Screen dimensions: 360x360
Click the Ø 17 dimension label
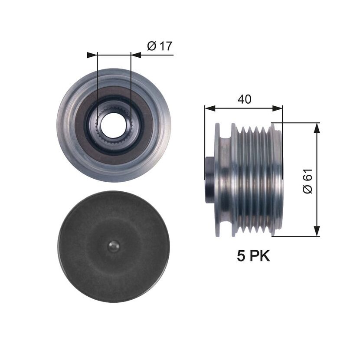pos(160,46)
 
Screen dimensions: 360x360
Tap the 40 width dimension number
pos(245,99)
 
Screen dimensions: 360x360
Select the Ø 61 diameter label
pos(308,181)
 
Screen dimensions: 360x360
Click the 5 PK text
pos(253,256)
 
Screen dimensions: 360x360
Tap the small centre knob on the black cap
pos(114,247)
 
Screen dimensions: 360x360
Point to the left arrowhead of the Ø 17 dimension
pos(92,55)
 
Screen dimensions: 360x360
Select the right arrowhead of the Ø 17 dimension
pos(136,55)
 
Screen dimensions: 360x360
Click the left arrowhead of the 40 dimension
pos(210,108)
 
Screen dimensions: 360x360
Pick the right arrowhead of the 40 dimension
pos(277,108)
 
